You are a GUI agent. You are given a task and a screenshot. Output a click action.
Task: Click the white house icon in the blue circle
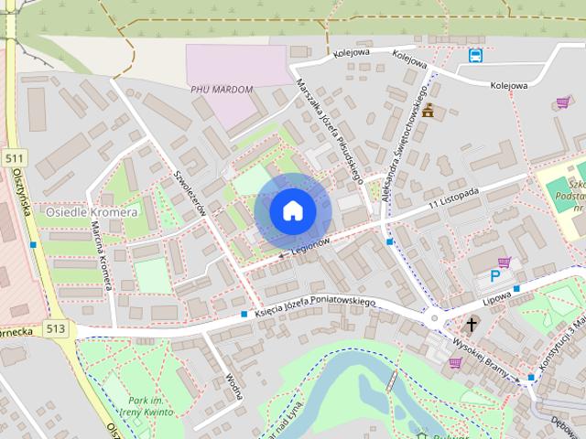pyautogui.click(x=292, y=210)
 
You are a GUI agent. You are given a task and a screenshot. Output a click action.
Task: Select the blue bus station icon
pyautogui.click(x=475, y=56)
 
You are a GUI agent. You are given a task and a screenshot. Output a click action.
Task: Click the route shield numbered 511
pyautogui.click(x=13, y=158)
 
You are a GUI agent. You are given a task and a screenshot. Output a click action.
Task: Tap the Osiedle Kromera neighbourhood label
pyautogui.click(x=91, y=211)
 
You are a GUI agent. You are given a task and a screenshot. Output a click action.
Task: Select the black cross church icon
pyautogui.click(x=472, y=325)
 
